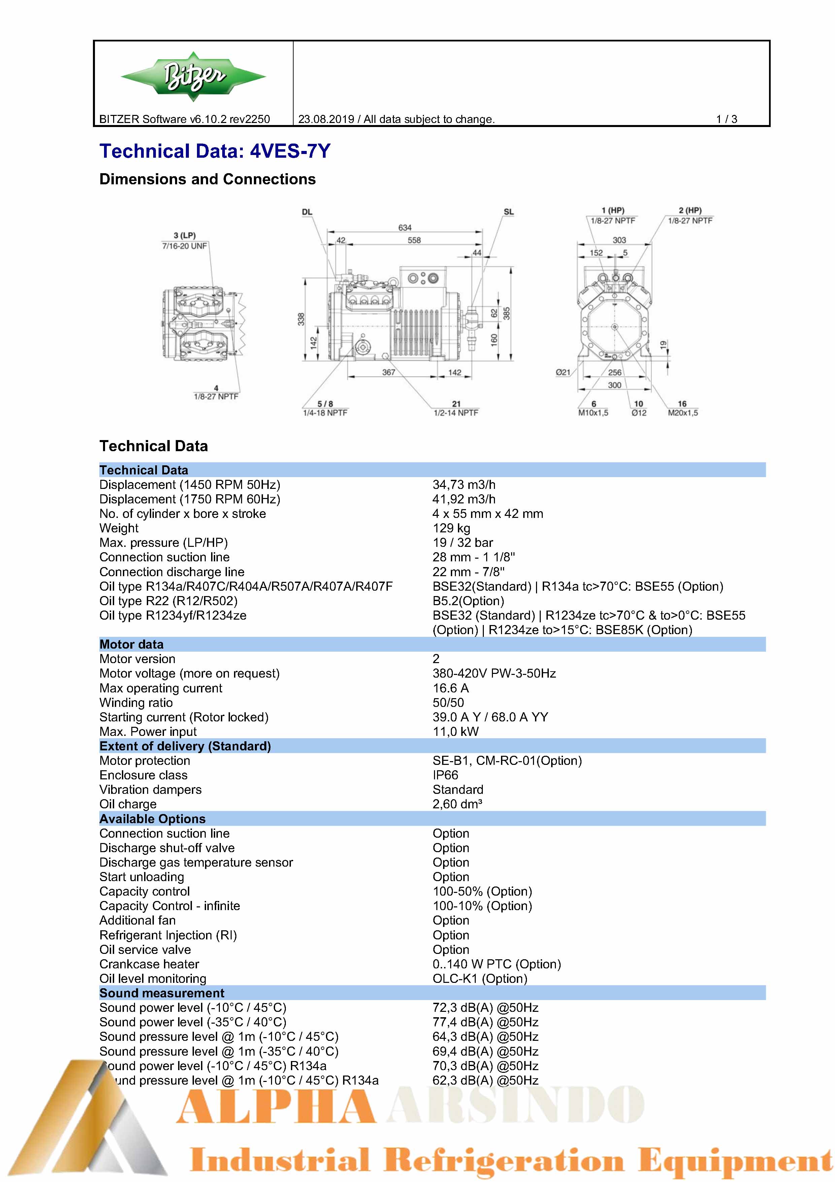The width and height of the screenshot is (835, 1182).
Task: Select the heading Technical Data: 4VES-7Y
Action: click(x=214, y=151)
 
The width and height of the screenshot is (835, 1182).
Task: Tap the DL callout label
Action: click(x=307, y=212)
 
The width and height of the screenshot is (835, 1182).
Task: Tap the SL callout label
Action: click(x=508, y=212)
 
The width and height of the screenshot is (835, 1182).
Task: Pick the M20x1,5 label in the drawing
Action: click(x=683, y=413)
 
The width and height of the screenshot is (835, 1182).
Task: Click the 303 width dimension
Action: click(x=619, y=240)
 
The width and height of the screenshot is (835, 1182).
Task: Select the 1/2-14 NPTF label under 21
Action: click(x=456, y=413)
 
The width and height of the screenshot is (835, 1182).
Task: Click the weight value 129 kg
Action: click(x=451, y=528)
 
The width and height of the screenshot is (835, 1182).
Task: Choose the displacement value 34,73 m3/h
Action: click(x=464, y=485)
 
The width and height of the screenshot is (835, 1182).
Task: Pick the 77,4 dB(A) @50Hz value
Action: click(x=485, y=1022)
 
